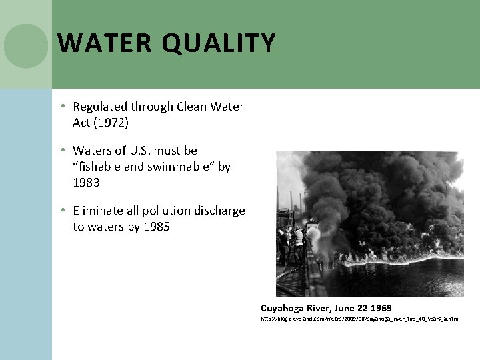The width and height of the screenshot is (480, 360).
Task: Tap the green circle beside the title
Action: click(x=26, y=46)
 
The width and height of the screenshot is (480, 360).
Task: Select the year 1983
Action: click(x=86, y=183)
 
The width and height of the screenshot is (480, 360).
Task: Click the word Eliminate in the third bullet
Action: click(x=98, y=211)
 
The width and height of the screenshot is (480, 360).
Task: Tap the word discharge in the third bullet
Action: click(x=220, y=211)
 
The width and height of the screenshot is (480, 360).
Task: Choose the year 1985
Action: click(x=157, y=227)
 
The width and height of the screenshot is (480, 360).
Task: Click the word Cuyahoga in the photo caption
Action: click(x=285, y=308)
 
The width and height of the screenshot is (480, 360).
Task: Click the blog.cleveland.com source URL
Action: click(x=360, y=319)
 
